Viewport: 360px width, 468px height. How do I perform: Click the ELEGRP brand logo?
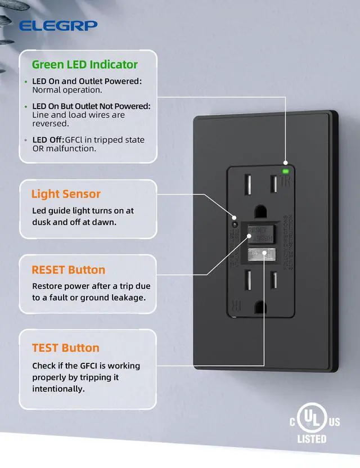58,25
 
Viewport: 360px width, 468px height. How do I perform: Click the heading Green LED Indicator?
84,64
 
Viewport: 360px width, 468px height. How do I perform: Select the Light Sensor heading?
66,194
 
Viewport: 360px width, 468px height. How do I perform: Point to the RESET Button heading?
68,270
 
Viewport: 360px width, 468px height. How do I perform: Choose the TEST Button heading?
65,348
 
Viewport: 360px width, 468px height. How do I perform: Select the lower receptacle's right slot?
274,280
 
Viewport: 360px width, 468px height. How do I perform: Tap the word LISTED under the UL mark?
312,439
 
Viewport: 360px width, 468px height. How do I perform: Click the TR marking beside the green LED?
285,182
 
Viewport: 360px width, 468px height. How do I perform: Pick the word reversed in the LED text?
51,123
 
